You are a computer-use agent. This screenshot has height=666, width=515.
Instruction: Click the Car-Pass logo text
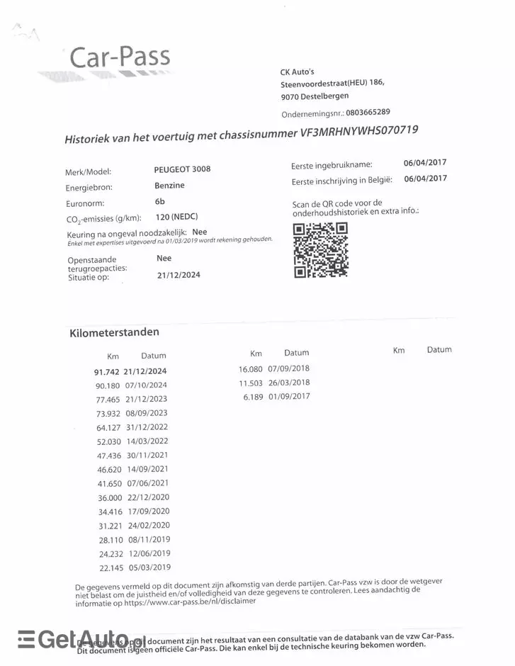point(119,57)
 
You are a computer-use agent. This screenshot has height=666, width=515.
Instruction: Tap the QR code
point(320,249)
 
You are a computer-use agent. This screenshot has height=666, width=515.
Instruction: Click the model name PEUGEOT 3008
point(182,169)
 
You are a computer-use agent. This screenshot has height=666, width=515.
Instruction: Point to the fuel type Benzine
point(169,186)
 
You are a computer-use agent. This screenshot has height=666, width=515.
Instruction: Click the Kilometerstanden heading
point(114,332)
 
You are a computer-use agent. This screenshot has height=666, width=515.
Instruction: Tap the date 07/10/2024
point(146,385)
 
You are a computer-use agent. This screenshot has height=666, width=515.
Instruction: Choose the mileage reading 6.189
point(252,397)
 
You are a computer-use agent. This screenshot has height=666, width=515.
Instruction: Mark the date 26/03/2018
point(289,383)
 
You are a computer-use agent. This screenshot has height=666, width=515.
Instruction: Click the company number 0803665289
point(368,112)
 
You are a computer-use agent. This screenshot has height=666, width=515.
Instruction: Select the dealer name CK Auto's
point(298,72)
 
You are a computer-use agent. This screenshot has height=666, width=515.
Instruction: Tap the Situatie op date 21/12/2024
point(179,275)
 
